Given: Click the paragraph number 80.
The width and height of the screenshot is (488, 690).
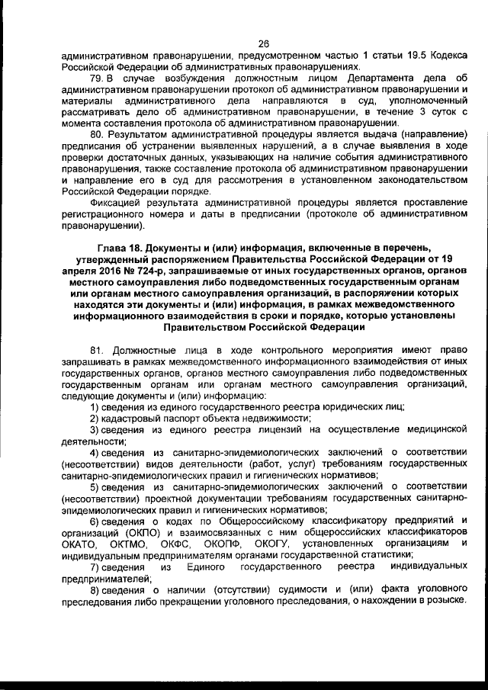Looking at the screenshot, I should click(97, 134).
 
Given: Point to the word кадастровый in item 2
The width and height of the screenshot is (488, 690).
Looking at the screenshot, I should click(130, 419).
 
